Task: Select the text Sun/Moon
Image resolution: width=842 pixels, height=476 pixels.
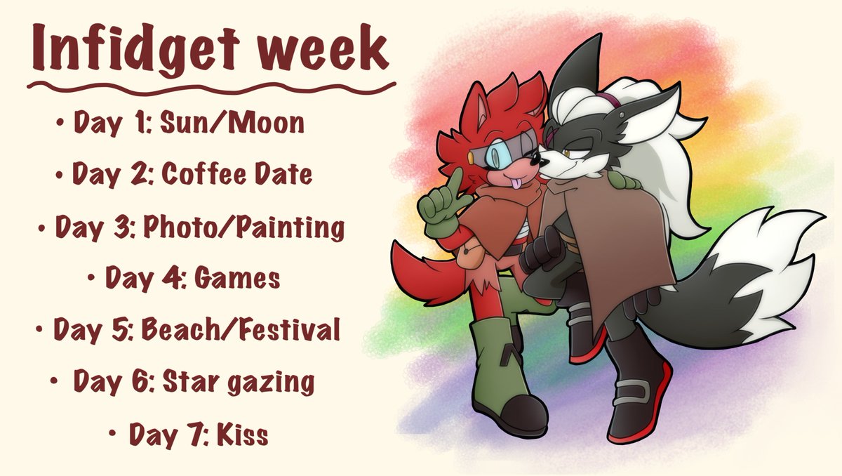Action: [232, 124]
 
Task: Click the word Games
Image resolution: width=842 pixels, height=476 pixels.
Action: [236, 279]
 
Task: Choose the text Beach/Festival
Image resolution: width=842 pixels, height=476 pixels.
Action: [241, 330]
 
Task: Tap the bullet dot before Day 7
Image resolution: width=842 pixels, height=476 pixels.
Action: [113, 435]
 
